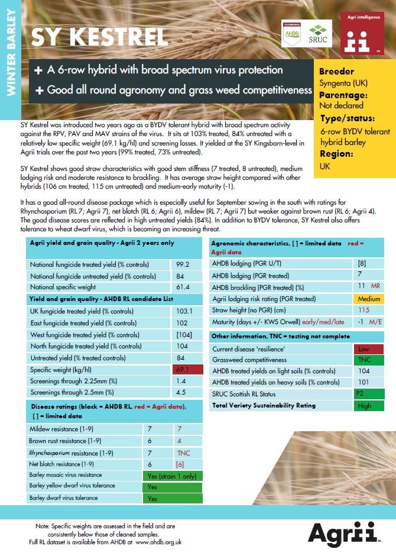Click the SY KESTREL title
(99, 37)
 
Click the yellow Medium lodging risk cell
(369, 299)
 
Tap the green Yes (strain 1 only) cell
(172, 475)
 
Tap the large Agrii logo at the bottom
(343, 532)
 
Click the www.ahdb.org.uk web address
(158, 541)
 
